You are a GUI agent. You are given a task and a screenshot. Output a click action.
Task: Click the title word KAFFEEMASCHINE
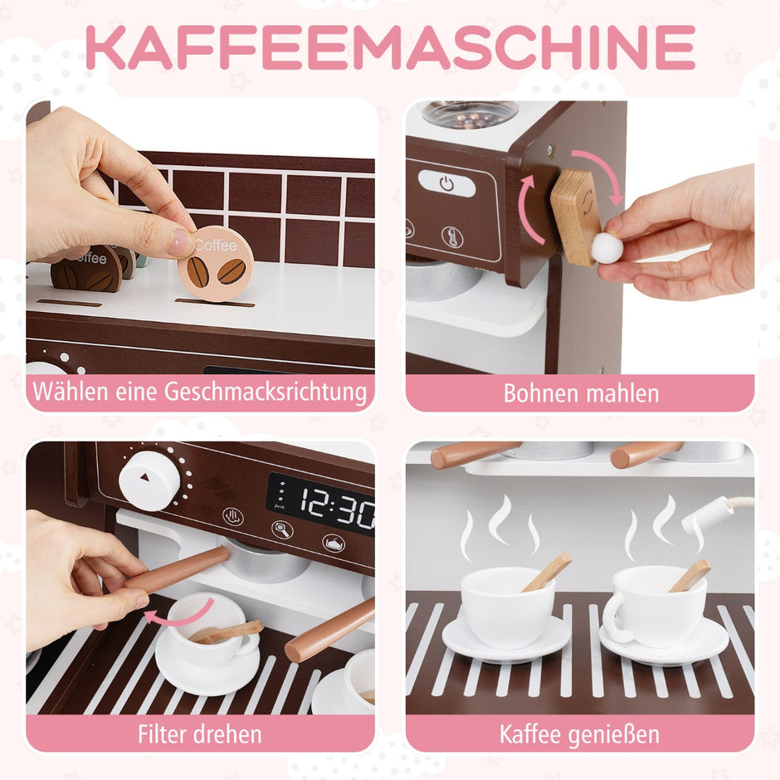390,48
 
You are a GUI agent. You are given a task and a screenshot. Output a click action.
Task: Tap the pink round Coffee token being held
216,263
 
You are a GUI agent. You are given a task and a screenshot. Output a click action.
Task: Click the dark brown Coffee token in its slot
86,269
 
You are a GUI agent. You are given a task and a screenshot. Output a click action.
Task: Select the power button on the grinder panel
446,183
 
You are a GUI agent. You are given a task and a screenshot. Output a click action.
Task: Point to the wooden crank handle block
574,216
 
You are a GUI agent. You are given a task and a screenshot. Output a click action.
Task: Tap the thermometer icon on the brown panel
452,236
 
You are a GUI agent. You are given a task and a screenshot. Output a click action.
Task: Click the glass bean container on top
470,114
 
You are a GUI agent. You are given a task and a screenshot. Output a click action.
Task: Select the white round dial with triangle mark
149,480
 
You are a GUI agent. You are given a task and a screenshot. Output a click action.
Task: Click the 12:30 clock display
321,504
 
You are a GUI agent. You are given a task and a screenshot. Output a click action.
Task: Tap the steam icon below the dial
233,516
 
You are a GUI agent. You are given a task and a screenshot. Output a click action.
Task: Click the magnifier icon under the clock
282,529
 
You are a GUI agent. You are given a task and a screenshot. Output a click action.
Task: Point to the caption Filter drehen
199,734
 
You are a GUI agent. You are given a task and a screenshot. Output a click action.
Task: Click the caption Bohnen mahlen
581,393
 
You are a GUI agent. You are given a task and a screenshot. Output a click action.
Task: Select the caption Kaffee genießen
579,734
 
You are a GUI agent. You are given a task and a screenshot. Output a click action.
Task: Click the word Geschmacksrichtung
266,392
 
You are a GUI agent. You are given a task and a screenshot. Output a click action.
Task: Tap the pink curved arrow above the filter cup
179,614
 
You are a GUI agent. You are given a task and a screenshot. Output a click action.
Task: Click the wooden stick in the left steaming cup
547,573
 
